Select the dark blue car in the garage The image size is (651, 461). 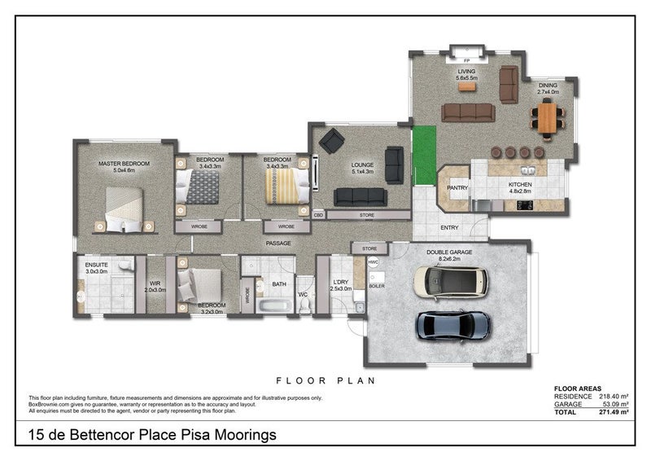(x=453, y=325)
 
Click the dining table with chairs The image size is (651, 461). (x=548, y=117)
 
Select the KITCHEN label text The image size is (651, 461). (x=520, y=188)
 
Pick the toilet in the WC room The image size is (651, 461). (x=305, y=304)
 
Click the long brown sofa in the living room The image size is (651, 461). (x=468, y=112)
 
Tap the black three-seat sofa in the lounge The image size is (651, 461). (x=360, y=196)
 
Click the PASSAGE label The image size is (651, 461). (x=277, y=243)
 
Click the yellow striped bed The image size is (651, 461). (x=286, y=186)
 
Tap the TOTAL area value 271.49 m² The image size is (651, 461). (x=611, y=412)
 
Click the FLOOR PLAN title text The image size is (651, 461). (x=325, y=380)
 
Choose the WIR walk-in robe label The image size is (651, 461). (x=155, y=283)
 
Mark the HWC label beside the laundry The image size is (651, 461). (x=374, y=262)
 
